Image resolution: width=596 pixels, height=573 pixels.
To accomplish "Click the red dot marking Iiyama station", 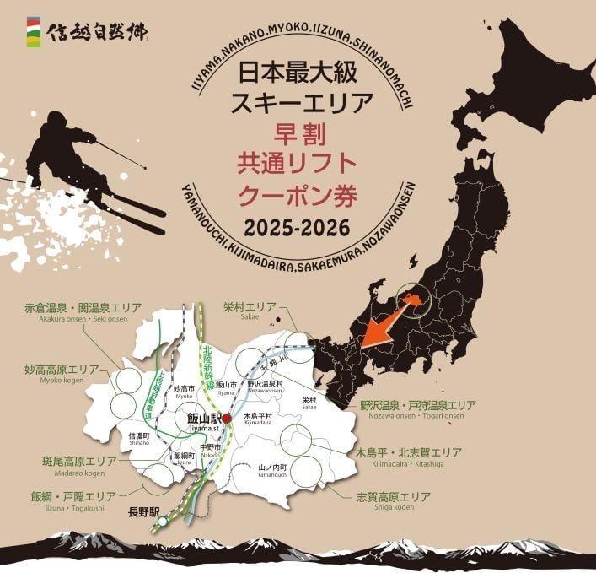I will click(x=226, y=417).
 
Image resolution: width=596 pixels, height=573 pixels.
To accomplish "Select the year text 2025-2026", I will click(x=298, y=228).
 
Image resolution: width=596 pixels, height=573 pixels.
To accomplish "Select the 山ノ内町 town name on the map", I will click(x=273, y=467).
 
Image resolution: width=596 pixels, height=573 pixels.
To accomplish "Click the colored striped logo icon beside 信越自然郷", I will click(x=31, y=31).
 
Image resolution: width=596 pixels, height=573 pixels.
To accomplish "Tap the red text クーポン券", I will click(x=298, y=195).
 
